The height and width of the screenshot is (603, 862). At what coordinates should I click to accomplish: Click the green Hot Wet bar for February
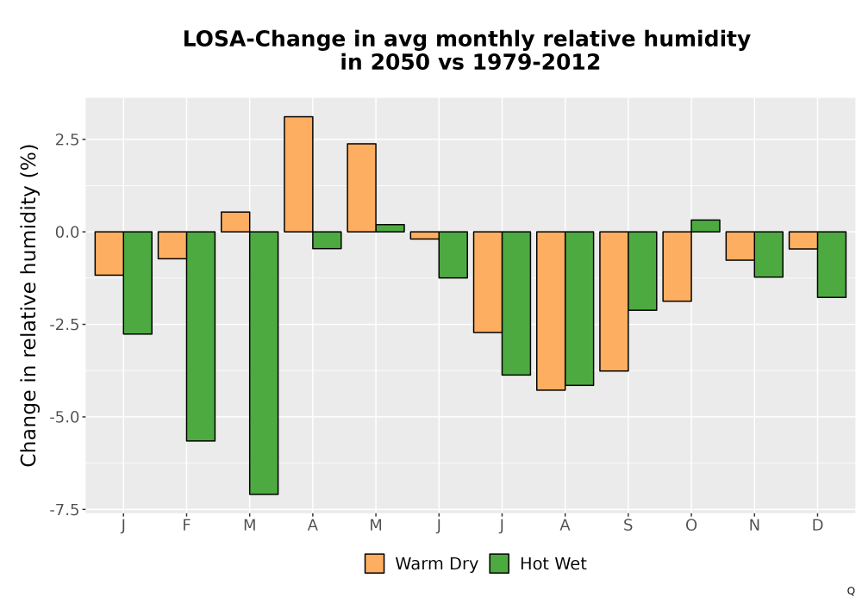click(201, 336)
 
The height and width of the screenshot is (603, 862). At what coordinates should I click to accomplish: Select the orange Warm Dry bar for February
click(172, 245)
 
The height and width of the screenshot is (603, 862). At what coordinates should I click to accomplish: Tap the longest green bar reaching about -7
click(264, 363)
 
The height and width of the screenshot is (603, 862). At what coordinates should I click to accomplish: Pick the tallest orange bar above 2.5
click(298, 174)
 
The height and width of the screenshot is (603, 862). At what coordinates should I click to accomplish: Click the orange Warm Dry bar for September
click(614, 301)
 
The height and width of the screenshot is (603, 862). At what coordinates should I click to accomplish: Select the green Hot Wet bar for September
click(642, 270)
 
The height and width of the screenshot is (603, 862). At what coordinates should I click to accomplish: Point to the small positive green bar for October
click(705, 226)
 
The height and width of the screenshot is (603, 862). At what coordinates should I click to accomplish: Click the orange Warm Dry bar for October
click(677, 266)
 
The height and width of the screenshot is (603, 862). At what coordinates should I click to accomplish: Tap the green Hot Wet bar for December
click(831, 264)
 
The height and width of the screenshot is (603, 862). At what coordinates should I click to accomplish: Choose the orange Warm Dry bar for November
click(740, 246)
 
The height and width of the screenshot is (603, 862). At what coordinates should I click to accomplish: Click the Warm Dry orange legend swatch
click(374, 563)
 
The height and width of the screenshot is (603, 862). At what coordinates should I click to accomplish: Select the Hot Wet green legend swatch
click(499, 563)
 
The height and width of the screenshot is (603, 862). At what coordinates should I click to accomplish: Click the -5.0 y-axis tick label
click(67, 417)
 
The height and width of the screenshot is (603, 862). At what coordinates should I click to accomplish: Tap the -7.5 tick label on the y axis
click(67, 510)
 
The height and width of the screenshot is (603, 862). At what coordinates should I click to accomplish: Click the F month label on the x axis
click(186, 525)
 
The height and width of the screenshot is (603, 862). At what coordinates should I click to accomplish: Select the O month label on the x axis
click(691, 525)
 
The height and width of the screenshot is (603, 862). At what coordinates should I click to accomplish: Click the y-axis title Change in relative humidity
click(28, 305)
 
